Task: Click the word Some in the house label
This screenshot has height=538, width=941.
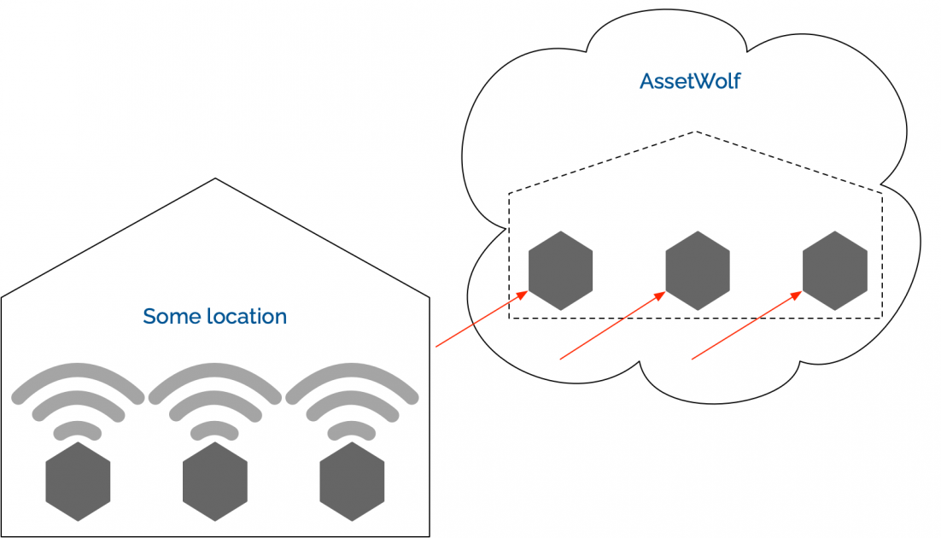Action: pyautogui.click(x=164, y=317)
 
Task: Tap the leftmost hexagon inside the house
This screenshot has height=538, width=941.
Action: pyautogui.click(x=78, y=481)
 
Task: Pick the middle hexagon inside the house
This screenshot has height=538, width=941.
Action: pyautogui.click(x=215, y=481)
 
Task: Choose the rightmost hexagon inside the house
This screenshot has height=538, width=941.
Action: pyautogui.click(x=352, y=481)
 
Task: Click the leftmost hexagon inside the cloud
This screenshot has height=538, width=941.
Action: pyautogui.click(x=560, y=270)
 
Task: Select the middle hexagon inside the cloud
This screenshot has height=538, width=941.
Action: pyautogui.click(x=698, y=270)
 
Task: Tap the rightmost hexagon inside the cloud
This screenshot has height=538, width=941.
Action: pyautogui.click(x=834, y=270)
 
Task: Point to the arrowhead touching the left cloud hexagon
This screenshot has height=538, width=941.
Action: pyautogui.click(x=523, y=295)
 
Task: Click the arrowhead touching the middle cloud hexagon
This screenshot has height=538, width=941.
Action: pyautogui.click(x=660, y=295)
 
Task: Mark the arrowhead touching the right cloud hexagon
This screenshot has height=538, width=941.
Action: pyautogui.click(x=797, y=295)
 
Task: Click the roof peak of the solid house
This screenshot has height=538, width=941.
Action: pyautogui.click(x=215, y=178)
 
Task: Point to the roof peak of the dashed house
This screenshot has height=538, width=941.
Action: pyautogui.click(x=696, y=132)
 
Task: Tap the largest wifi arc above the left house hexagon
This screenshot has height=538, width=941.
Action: pyautogui.click(x=78, y=369)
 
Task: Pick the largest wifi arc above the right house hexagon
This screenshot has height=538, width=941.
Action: pyautogui.click(x=352, y=369)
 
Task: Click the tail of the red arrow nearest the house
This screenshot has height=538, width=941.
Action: pyautogui.click(x=437, y=346)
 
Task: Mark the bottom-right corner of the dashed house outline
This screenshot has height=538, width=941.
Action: pyautogui.click(x=881, y=319)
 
